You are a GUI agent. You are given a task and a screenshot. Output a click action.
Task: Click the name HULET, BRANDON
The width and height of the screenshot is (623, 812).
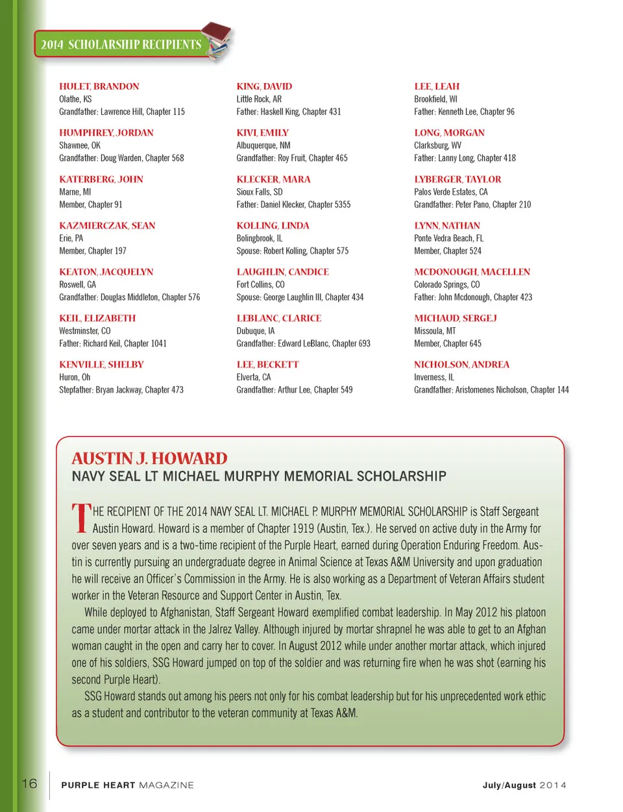(x=99, y=86)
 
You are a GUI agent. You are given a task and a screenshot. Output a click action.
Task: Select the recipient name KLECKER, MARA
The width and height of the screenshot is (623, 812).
(x=273, y=179)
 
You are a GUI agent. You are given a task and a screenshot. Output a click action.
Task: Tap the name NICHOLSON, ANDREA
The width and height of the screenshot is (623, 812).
(x=461, y=365)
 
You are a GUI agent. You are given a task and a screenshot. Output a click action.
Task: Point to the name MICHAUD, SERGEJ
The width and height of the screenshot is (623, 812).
(x=455, y=318)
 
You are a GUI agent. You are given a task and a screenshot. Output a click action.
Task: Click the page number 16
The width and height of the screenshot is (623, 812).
(x=30, y=783)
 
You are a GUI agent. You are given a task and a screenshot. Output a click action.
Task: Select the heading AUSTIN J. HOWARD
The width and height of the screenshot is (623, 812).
(x=149, y=458)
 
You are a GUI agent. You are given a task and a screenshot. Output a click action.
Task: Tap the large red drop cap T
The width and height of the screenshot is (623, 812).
(x=81, y=519)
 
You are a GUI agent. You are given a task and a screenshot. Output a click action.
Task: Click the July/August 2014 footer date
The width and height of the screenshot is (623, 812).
(x=524, y=785)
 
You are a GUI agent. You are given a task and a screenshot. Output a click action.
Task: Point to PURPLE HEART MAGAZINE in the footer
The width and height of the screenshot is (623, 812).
(x=127, y=785)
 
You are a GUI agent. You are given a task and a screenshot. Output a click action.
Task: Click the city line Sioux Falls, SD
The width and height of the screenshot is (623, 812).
(x=259, y=192)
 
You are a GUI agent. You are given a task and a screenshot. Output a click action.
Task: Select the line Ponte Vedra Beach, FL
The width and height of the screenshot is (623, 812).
(x=448, y=238)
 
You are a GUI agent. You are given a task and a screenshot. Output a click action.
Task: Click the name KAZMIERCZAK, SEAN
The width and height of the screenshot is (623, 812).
(x=107, y=226)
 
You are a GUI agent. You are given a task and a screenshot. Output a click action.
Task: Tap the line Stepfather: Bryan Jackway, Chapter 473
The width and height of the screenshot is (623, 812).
(x=121, y=390)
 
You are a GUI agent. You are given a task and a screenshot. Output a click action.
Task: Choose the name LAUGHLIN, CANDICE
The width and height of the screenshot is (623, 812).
(x=282, y=272)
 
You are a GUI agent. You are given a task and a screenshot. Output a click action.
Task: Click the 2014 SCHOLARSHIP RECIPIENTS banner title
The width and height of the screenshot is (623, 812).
(x=121, y=45)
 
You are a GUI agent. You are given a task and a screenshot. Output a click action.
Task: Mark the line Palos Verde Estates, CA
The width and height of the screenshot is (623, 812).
(x=450, y=192)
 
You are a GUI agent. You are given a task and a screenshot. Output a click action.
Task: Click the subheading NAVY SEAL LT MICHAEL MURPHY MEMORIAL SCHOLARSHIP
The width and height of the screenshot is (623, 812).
(x=259, y=476)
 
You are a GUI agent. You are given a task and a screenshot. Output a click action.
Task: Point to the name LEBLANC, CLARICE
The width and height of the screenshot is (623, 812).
(x=278, y=318)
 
